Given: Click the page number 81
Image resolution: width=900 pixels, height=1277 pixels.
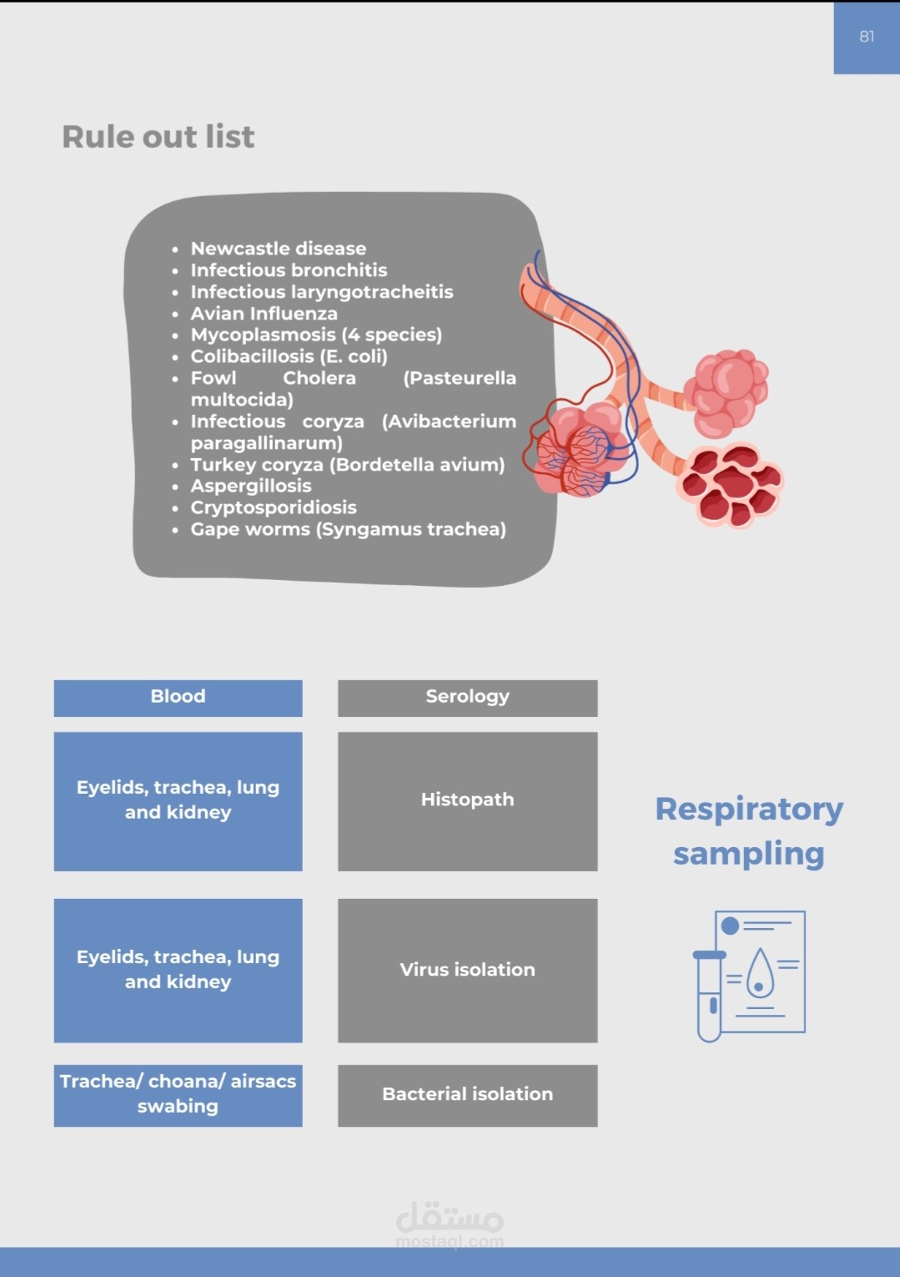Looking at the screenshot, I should coord(867,37).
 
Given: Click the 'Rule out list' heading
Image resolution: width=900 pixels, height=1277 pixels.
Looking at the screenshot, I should coord(158,137).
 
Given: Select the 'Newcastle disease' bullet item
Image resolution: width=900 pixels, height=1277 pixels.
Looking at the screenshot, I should coord(278,249).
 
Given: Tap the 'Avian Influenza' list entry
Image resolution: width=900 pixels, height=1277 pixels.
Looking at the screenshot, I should coord(264,314).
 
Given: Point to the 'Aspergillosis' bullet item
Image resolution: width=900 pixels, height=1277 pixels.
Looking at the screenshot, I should coord(250,486).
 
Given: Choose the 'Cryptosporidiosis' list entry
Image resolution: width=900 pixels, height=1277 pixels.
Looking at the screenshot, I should coord(273,507).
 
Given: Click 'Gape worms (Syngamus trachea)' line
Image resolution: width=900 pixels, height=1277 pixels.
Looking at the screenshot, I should coord(348,529).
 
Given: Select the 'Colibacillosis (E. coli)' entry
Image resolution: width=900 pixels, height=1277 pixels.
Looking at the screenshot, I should coord(289,356).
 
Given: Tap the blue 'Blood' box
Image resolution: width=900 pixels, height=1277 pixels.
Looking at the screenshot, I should coord(178,698).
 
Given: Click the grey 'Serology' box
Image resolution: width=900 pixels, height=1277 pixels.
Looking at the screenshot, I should coord(467,698).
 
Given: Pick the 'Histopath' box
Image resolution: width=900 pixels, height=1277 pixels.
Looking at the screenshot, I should coord(467,800).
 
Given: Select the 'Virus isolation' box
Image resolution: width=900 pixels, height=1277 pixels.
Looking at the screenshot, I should coord(467,970).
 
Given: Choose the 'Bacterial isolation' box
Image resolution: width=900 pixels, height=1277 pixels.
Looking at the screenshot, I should coord(467,1095).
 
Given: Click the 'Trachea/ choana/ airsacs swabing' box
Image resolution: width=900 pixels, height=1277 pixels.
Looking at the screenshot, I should coord(178,1094).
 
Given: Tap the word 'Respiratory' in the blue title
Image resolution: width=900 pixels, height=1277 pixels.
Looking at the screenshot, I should coord(749,810).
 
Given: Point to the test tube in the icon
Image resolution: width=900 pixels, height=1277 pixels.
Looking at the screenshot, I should coord(709,997).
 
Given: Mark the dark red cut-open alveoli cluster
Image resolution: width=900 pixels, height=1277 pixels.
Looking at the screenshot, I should coord(732,487).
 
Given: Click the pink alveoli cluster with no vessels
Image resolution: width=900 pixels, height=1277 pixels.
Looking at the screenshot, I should coord(727,392).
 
